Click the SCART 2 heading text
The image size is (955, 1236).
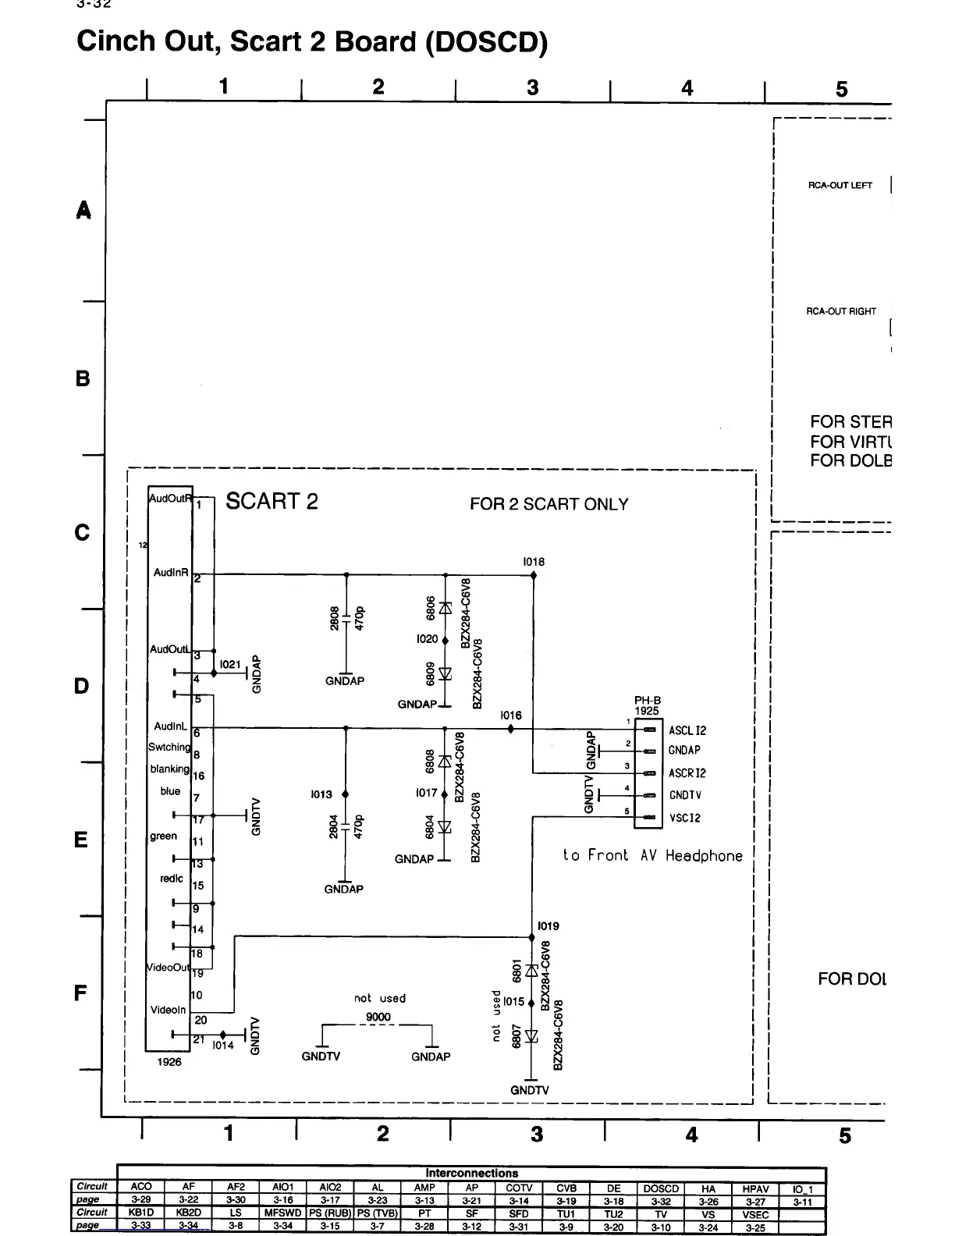(272, 501)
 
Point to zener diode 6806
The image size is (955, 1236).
(446, 607)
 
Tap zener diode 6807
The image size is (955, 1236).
(532, 1036)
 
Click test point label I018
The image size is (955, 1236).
(534, 562)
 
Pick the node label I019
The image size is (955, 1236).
(549, 926)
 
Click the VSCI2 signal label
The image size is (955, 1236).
(685, 818)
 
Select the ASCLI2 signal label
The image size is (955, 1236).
(687, 730)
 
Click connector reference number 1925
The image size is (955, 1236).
(647, 711)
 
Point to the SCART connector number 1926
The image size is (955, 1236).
(169, 1062)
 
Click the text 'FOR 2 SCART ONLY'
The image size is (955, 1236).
(549, 504)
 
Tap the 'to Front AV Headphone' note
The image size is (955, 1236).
(652, 855)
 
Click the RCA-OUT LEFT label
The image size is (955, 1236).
(840, 186)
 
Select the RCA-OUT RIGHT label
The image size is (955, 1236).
(841, 311)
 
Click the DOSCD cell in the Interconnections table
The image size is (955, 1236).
(661, 1188)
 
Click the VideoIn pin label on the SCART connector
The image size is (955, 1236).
(169, 1010)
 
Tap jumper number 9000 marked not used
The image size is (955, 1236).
(378, 1017)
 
